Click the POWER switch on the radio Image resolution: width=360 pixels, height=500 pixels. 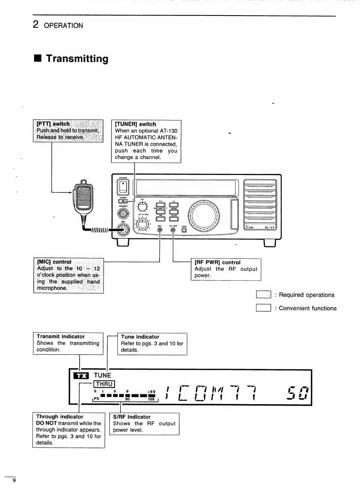point(124,187)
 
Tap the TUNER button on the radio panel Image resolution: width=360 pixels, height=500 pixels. point(123,202)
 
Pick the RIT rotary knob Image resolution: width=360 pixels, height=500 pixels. point(142,207)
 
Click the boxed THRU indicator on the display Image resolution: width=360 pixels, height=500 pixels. point(104,384)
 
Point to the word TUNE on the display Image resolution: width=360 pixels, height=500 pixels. point(102,375)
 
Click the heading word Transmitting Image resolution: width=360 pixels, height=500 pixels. point(77,59)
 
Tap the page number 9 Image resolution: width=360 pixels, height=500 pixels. point(14,480)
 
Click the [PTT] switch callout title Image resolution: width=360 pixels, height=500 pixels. point(53,124)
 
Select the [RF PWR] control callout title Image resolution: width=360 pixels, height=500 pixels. point(218,262)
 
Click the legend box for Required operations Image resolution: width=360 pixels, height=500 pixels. point(263,295)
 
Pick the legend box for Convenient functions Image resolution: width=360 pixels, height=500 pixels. point(263,308)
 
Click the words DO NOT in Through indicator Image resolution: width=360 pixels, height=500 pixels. point(46,423)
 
